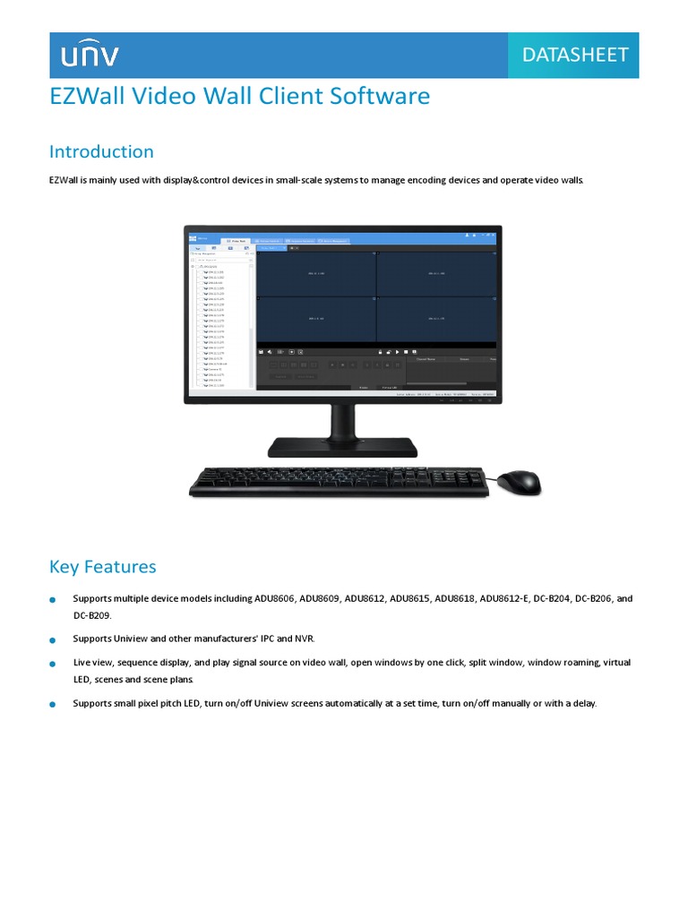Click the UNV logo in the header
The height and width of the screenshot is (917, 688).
[x=90, y=56]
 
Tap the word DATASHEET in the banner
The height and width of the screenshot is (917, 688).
[x=575, y=55]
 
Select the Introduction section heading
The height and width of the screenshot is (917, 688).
[x=101, y=151]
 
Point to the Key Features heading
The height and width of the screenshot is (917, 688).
[x=102, y=566]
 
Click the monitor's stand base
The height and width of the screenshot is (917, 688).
[x=342, y=445]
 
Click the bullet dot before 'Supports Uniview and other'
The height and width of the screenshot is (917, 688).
[x=53, y=640]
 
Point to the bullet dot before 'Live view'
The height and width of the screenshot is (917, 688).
[x=53, y=664]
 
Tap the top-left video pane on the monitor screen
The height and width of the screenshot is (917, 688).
[x=316, y=274]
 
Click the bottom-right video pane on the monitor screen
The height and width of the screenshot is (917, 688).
[x=436, y=320]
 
